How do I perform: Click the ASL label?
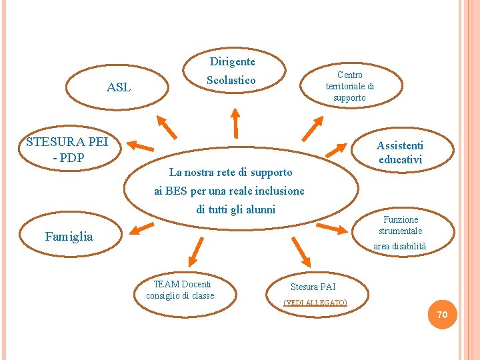point(119,87)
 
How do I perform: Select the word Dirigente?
point(232,62)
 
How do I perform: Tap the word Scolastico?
point(231,80)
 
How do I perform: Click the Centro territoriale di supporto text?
point(349,87)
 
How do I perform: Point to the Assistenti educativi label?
point(400,153)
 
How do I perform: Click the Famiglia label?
point(69,236)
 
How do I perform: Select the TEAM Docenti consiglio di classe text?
point(180,290)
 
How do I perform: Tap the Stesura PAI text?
point(313,287)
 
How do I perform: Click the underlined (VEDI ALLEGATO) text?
point(315,303)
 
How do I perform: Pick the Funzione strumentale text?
point(401,225)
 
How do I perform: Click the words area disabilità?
point(399,247)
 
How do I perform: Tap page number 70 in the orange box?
point(442,314)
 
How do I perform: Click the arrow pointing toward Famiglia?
point(143,228)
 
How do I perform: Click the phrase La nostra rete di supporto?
point(231,172)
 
